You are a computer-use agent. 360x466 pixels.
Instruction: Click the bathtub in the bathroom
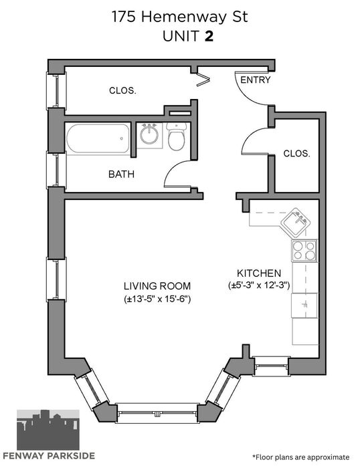click(x=98, y=138)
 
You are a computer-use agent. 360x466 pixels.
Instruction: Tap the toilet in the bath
click(x=177, y=136)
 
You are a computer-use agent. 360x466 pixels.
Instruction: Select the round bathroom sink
click(x=149, y=134)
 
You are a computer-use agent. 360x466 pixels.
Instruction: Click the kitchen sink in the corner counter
click(x=296, y=223)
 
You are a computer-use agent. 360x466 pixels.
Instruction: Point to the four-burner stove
click(x=304, y=251)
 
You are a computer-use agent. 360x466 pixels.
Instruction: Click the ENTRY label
click(x=255, y=80)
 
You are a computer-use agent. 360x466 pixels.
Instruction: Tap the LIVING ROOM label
click(x=157, y=286)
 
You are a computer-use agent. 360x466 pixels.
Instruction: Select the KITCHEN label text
click(x=259, y=273)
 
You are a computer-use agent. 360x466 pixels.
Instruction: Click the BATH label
click(x=121, y=174)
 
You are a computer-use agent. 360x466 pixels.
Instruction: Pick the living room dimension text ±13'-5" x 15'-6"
click(x=157, y=299)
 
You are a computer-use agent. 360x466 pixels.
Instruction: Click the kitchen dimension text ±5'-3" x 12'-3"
click(x=259, y=285)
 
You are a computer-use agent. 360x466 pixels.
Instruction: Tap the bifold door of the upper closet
click(x=203, y=79)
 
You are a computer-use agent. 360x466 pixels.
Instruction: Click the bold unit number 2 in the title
click(x=209, y=37)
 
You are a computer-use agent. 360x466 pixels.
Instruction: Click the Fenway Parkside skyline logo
click(x=48, y=429)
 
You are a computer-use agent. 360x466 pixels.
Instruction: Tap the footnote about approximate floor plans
click(x=301, y=457)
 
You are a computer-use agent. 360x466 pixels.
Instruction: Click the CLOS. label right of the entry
click(x=296, y=154)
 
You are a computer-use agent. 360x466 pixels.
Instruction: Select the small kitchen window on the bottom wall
click(x=271, y=366)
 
